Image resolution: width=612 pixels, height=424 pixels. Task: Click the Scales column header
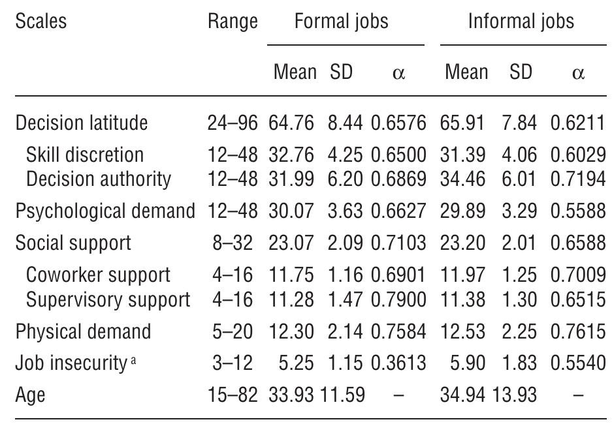click(40, 21)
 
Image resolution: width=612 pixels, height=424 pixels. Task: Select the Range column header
click(233, 22)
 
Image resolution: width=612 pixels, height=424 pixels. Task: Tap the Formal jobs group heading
click(341, 22)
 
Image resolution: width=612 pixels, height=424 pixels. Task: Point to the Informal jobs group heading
click(521, 22)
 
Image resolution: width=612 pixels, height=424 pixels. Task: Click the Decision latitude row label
click(82, 123)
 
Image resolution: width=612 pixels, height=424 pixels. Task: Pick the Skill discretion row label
click(85, 155)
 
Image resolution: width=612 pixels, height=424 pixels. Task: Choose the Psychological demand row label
click(105, 211)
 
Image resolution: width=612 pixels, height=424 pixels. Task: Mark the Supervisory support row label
click(108, 299)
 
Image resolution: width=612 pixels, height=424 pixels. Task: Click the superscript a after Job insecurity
click(133, 359)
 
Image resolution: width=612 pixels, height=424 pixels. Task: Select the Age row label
click(30, 394)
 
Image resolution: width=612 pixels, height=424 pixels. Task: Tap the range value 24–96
click(233, 123)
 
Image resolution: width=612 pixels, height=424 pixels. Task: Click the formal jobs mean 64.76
click(291, 123)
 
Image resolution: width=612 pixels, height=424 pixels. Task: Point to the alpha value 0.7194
click(577, 179)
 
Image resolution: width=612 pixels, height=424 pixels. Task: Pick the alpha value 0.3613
click(398, 363)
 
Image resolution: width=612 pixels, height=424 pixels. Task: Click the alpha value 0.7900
click(398, 299)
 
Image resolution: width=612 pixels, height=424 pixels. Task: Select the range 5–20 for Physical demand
click(233, 331)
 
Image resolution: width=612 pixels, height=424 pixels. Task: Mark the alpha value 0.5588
click(577, 211)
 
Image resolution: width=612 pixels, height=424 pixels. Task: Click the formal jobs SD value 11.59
click(342, 394)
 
